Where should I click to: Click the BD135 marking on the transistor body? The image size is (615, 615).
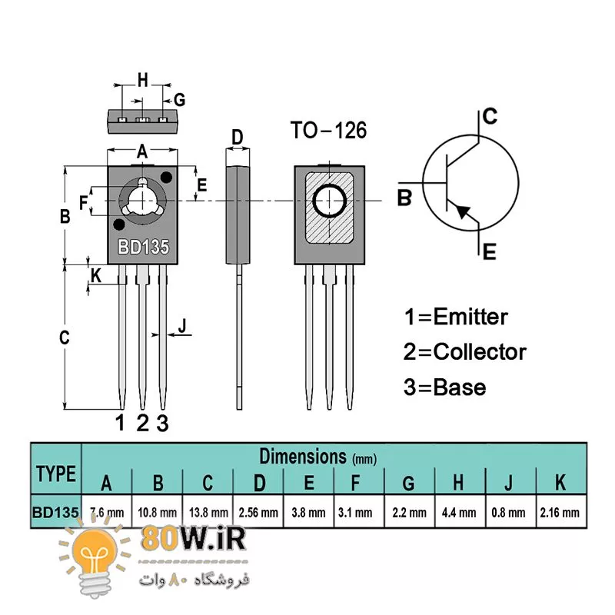(143, 248)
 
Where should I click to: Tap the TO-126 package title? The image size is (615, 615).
(328, 130)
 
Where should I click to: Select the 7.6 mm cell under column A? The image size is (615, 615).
(107, 512)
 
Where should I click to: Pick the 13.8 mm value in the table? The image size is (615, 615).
(208, 512)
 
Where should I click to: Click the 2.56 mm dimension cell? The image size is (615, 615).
(258, 512)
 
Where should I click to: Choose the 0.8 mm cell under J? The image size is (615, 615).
(508, 512)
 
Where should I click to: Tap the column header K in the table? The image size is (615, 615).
(560, 482)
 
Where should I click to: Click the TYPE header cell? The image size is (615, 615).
(56, 474)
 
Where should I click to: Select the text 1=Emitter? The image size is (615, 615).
(456, 317)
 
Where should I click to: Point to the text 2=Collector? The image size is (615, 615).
(465, 352)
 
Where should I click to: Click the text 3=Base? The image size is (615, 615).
(445, 387)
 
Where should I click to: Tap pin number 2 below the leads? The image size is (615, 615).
(142, 422)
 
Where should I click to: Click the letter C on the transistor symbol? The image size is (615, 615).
(489, 117)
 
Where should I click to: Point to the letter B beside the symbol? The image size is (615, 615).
(404, 198)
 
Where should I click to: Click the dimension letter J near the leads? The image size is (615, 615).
(182, 326)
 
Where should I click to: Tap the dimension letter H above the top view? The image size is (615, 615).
(142, 79)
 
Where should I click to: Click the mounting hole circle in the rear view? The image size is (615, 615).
(330, 201)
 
